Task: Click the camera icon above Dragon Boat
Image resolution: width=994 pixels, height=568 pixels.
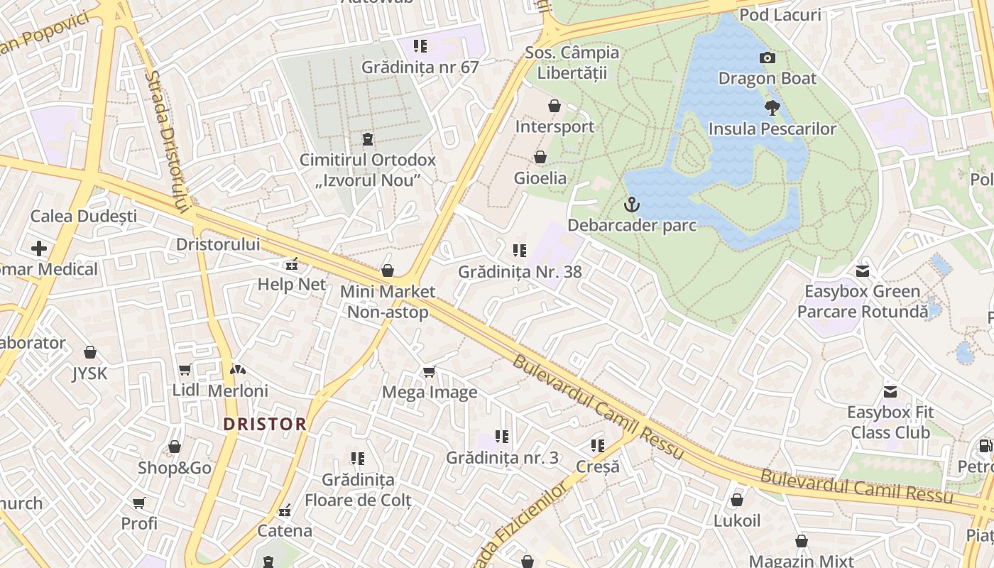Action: point(767,58)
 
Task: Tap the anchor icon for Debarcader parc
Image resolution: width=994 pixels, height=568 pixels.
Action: point(631,205)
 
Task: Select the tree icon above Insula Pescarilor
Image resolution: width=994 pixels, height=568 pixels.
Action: point(772,108)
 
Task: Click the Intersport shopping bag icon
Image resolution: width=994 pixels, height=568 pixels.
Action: point(555,106)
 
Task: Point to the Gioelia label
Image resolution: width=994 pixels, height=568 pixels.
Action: point(540,177)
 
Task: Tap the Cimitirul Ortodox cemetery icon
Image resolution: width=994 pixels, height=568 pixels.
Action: point(367,138)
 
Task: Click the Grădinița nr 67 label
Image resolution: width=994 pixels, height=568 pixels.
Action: point(420,67)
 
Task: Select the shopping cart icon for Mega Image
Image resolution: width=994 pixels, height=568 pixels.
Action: point(429,372)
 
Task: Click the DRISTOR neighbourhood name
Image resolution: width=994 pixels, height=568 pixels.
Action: point(265,424)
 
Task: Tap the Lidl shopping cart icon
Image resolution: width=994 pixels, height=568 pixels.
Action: point(185,369)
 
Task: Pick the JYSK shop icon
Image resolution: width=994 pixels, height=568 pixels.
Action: point(90,353)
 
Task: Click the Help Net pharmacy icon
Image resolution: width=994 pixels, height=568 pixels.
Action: point(291,265)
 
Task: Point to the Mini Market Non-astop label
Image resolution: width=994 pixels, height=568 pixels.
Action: point(387,302)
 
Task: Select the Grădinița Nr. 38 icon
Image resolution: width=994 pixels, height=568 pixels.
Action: point(519,251)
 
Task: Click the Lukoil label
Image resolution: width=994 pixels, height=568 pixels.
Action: point(736,520)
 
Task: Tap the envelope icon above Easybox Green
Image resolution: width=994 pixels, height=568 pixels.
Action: point(862,271)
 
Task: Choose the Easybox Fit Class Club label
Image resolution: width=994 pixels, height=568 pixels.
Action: point(890,422)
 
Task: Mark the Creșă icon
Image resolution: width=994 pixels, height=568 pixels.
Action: point(597,446)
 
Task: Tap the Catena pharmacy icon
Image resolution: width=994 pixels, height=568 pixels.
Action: point(285,510)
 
